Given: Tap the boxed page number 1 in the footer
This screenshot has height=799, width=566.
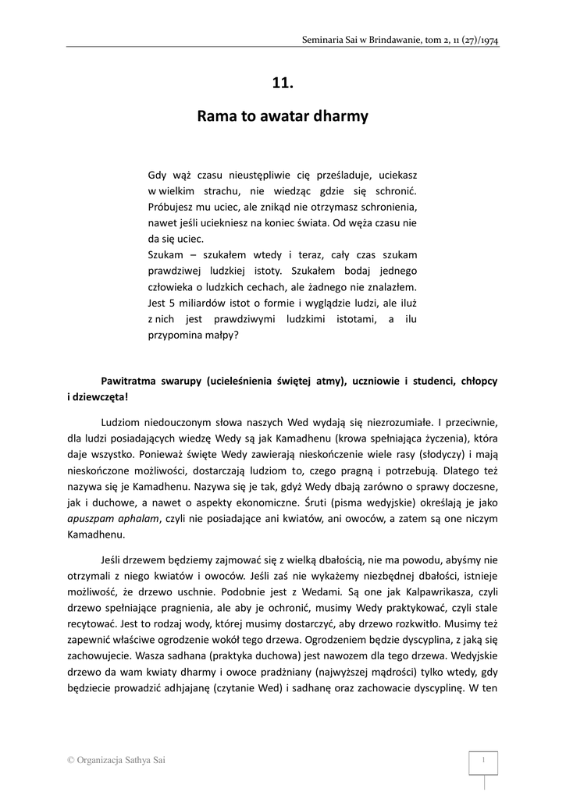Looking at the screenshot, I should point(484,760).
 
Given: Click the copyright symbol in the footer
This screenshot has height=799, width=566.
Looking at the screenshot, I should point(70,760).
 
